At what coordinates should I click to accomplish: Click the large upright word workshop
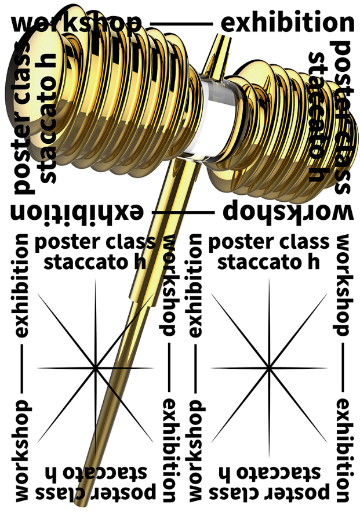coord(75,23)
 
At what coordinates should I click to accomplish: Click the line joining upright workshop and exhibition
coord(180,24)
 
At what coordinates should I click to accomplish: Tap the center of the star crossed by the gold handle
coord(95,368)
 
